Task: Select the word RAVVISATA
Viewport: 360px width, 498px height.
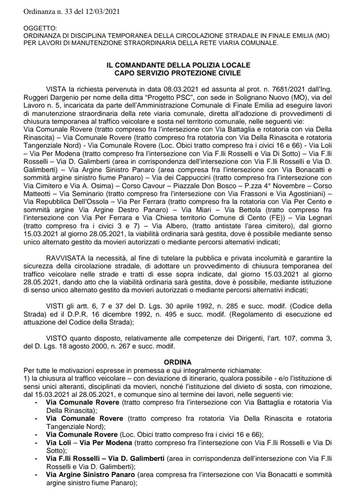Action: (63, 258)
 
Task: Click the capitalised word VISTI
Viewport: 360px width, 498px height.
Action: (55, 306)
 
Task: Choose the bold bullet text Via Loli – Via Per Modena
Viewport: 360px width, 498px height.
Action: (89, 443)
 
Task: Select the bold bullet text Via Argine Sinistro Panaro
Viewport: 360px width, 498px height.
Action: (90, 475)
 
